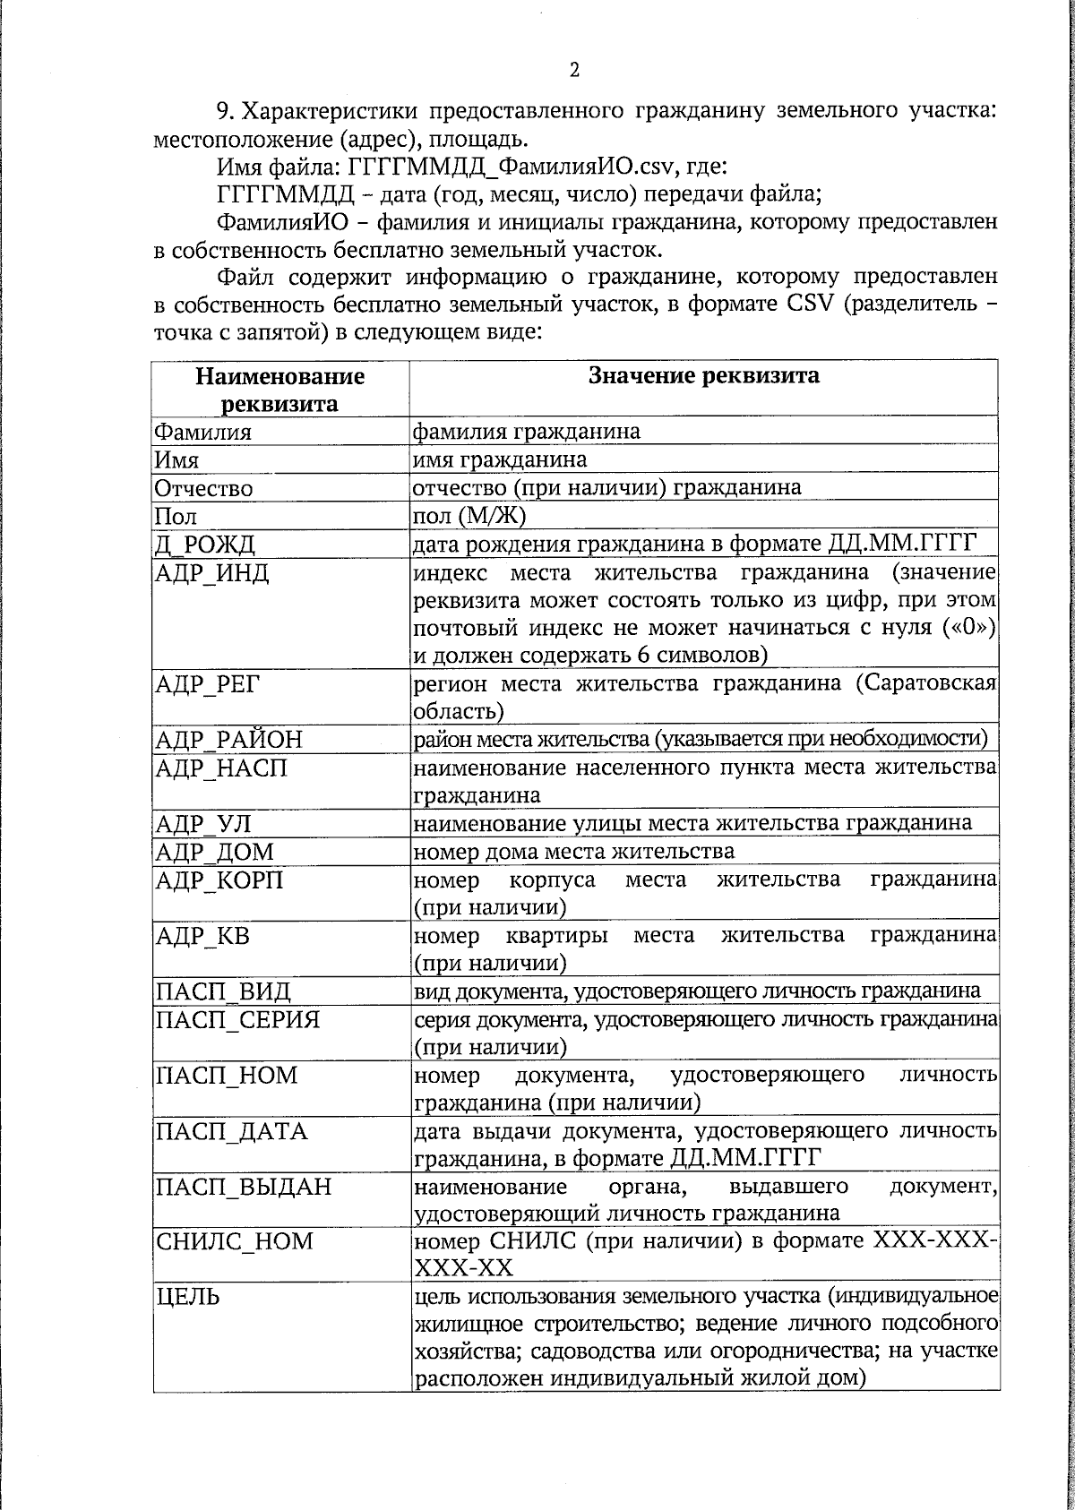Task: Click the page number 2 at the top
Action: point(574,71)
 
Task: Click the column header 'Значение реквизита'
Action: point(703,375)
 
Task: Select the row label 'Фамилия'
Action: point(202,433)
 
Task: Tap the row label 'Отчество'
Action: point(203,489)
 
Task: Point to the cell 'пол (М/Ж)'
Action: point(469,516)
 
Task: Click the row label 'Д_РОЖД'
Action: point(205,545)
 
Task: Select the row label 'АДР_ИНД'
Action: point(212,573)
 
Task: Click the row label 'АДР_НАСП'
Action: point(221,768)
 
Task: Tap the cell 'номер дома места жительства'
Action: point(573,851)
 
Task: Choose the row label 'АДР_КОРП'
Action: point(219,880)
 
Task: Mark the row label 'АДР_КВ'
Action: point(202,937)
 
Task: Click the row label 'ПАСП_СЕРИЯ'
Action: point(237,1020)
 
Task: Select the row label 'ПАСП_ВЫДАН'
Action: point(243,1187)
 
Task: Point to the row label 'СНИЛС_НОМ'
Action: point(235,1242)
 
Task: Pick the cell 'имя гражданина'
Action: point(499,460)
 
